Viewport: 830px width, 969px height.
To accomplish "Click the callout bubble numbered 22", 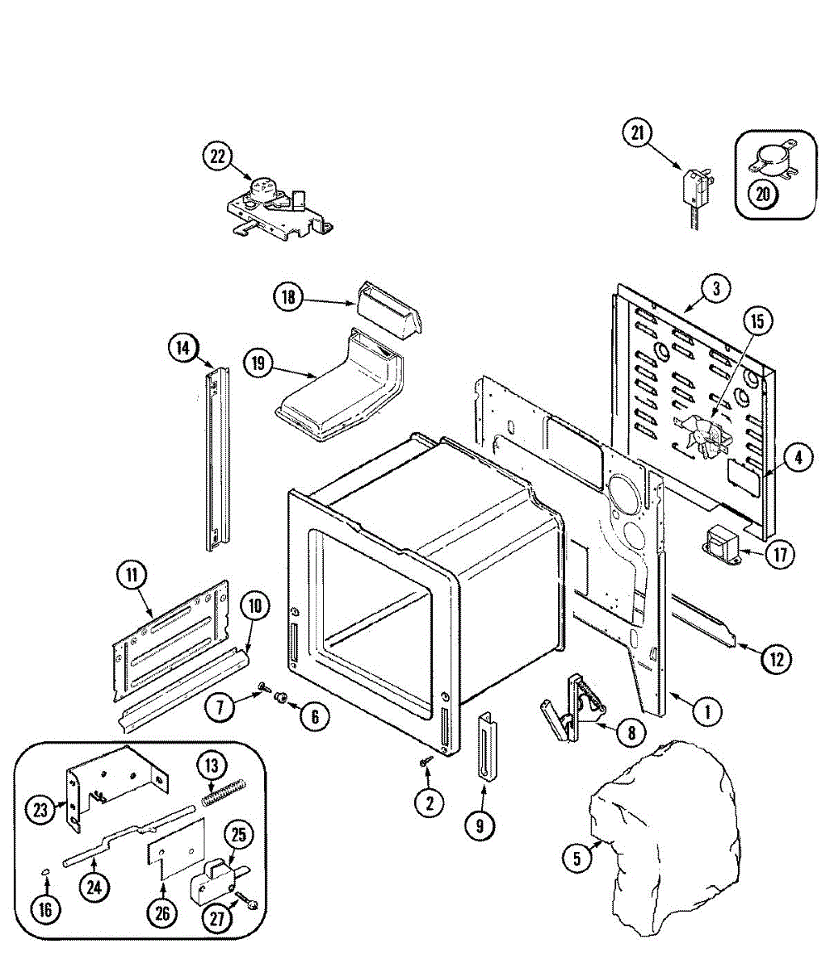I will point(216,157).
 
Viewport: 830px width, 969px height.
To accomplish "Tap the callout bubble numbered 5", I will point(576,858).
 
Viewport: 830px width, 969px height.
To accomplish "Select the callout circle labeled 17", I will point(779,555).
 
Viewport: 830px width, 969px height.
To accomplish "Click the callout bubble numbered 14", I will point(183,348).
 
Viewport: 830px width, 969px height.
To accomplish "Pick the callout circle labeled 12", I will point(776,659).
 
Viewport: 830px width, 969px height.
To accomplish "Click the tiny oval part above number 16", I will point(46,870).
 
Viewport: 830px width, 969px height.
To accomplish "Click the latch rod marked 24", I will point(129,840).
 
